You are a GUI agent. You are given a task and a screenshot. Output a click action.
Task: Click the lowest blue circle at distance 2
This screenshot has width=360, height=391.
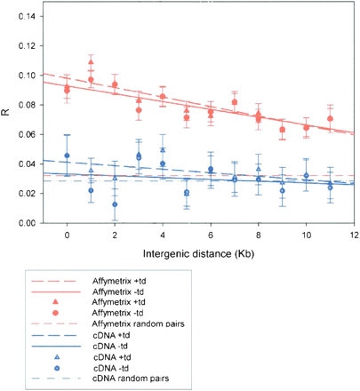(x=115, y=205)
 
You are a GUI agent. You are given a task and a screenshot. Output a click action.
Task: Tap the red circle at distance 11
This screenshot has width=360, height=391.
(x=330, y=119)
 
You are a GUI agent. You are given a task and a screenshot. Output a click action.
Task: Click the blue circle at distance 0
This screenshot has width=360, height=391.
(x=67, y=156)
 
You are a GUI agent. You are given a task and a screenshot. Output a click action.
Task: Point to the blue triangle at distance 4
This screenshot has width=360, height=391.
(x=163, y=150)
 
